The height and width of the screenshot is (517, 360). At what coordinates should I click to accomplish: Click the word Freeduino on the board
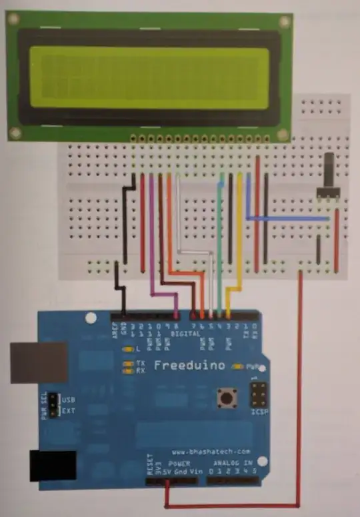(188, 365)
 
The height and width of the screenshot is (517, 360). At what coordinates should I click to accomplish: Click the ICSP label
(259, 412)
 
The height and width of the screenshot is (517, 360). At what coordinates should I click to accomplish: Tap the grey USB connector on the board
(39, 362)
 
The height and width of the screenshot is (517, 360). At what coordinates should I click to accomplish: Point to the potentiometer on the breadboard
(329, 177)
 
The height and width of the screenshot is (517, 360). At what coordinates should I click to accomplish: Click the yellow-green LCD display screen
(145, 78)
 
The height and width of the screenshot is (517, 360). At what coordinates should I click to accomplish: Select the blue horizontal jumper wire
(287, 217)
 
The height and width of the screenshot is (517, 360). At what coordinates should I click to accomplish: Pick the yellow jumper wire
(239, 227)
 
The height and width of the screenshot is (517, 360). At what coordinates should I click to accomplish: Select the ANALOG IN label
(232, 463)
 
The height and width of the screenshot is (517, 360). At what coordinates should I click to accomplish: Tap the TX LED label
(141, 362)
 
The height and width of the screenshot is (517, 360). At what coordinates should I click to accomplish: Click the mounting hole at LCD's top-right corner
(285, 21)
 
